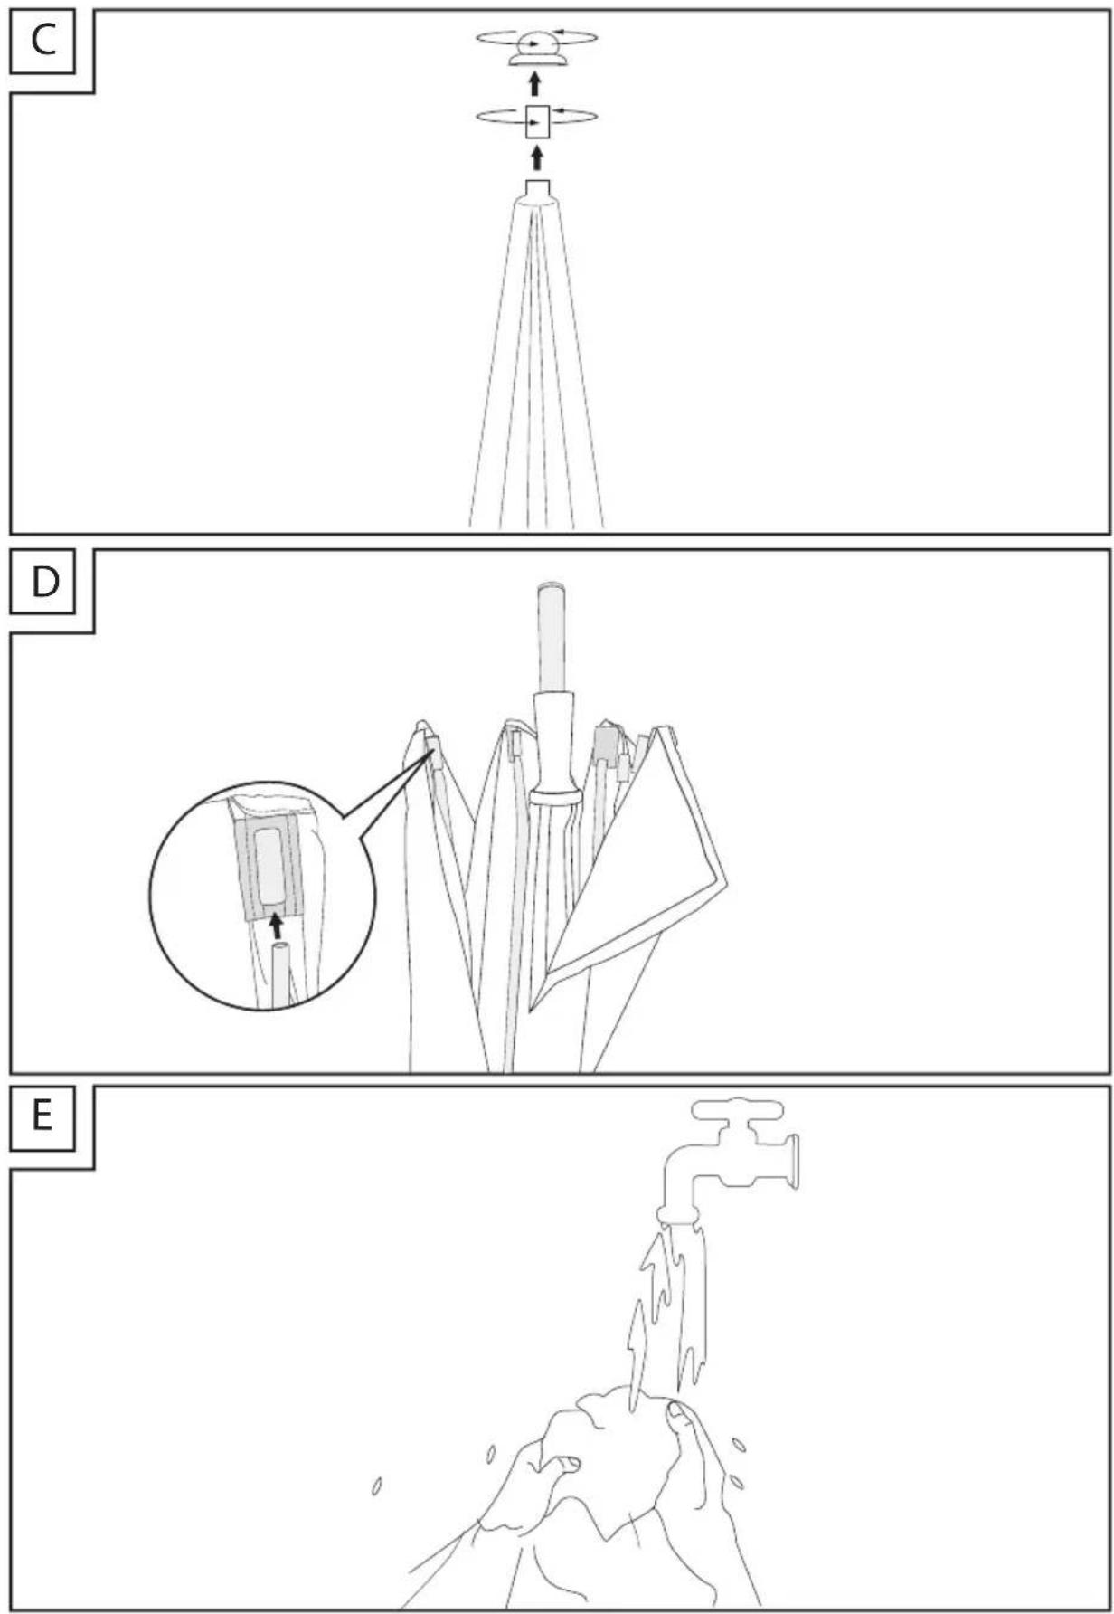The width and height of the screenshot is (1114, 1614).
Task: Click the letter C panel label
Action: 43,41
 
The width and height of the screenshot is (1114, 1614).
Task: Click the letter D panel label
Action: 44,582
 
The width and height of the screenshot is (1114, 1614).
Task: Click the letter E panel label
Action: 42,1117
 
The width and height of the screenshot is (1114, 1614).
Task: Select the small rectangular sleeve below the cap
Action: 538,121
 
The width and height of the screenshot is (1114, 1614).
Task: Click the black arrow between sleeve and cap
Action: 535,84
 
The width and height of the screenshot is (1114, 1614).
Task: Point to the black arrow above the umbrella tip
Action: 537,158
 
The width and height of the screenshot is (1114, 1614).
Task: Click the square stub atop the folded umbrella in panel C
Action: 538,189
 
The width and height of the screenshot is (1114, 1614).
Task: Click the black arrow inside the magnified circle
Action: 277,925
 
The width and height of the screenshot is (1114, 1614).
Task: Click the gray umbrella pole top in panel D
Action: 552,639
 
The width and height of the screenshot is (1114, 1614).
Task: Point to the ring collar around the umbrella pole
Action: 554,796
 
